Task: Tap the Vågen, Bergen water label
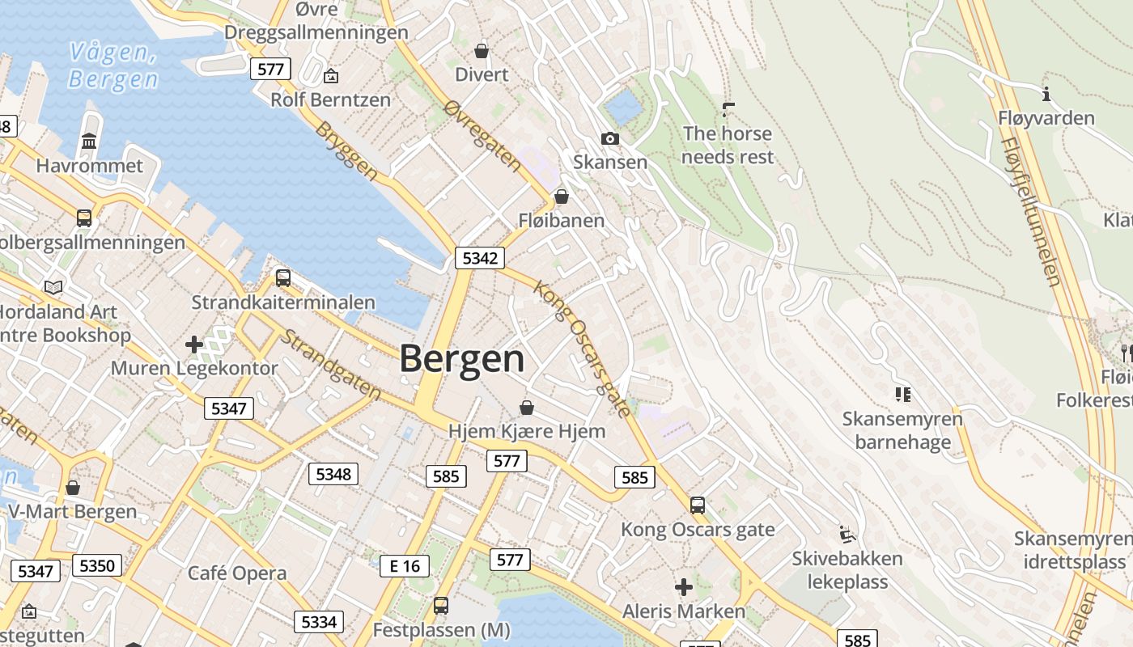pyautogui.click(x=112, y=66)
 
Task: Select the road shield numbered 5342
pyautogui.click(x=480, y=258)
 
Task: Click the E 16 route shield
pyautogui.click(x=405, y=565)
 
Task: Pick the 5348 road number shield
pyautogui.click(x=333, y=473)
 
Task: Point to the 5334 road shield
pyautogui.click(x=318, y=621)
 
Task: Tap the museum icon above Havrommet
pyautogui.click(x=89, y=142)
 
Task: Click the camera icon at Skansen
pyautogui.click(x=610, y=138)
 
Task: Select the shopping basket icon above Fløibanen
pyautogui.click(x=561, y=197)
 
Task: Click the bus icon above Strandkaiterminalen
pyautogui.click(x=283, y=277)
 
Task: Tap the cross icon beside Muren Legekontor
pyautogui.click(x=194, y=345)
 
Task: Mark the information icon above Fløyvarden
pyautogui.click(x=1046, y=95)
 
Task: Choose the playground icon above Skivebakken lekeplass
pyautogui.click(x=847, y=534)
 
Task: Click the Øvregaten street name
pyautogui.click(x=483, y=136)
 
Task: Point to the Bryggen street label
pyautogui.click(x=346, y=151)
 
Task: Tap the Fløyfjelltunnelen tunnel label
pyautogui.click(x=1031, y=211)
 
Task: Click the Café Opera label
pyautogui.click(x=237, y=573)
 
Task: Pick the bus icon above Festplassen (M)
pyautogui.click(x=441, y=605)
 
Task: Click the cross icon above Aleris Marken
pyautogui.click(x=684, y=586)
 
